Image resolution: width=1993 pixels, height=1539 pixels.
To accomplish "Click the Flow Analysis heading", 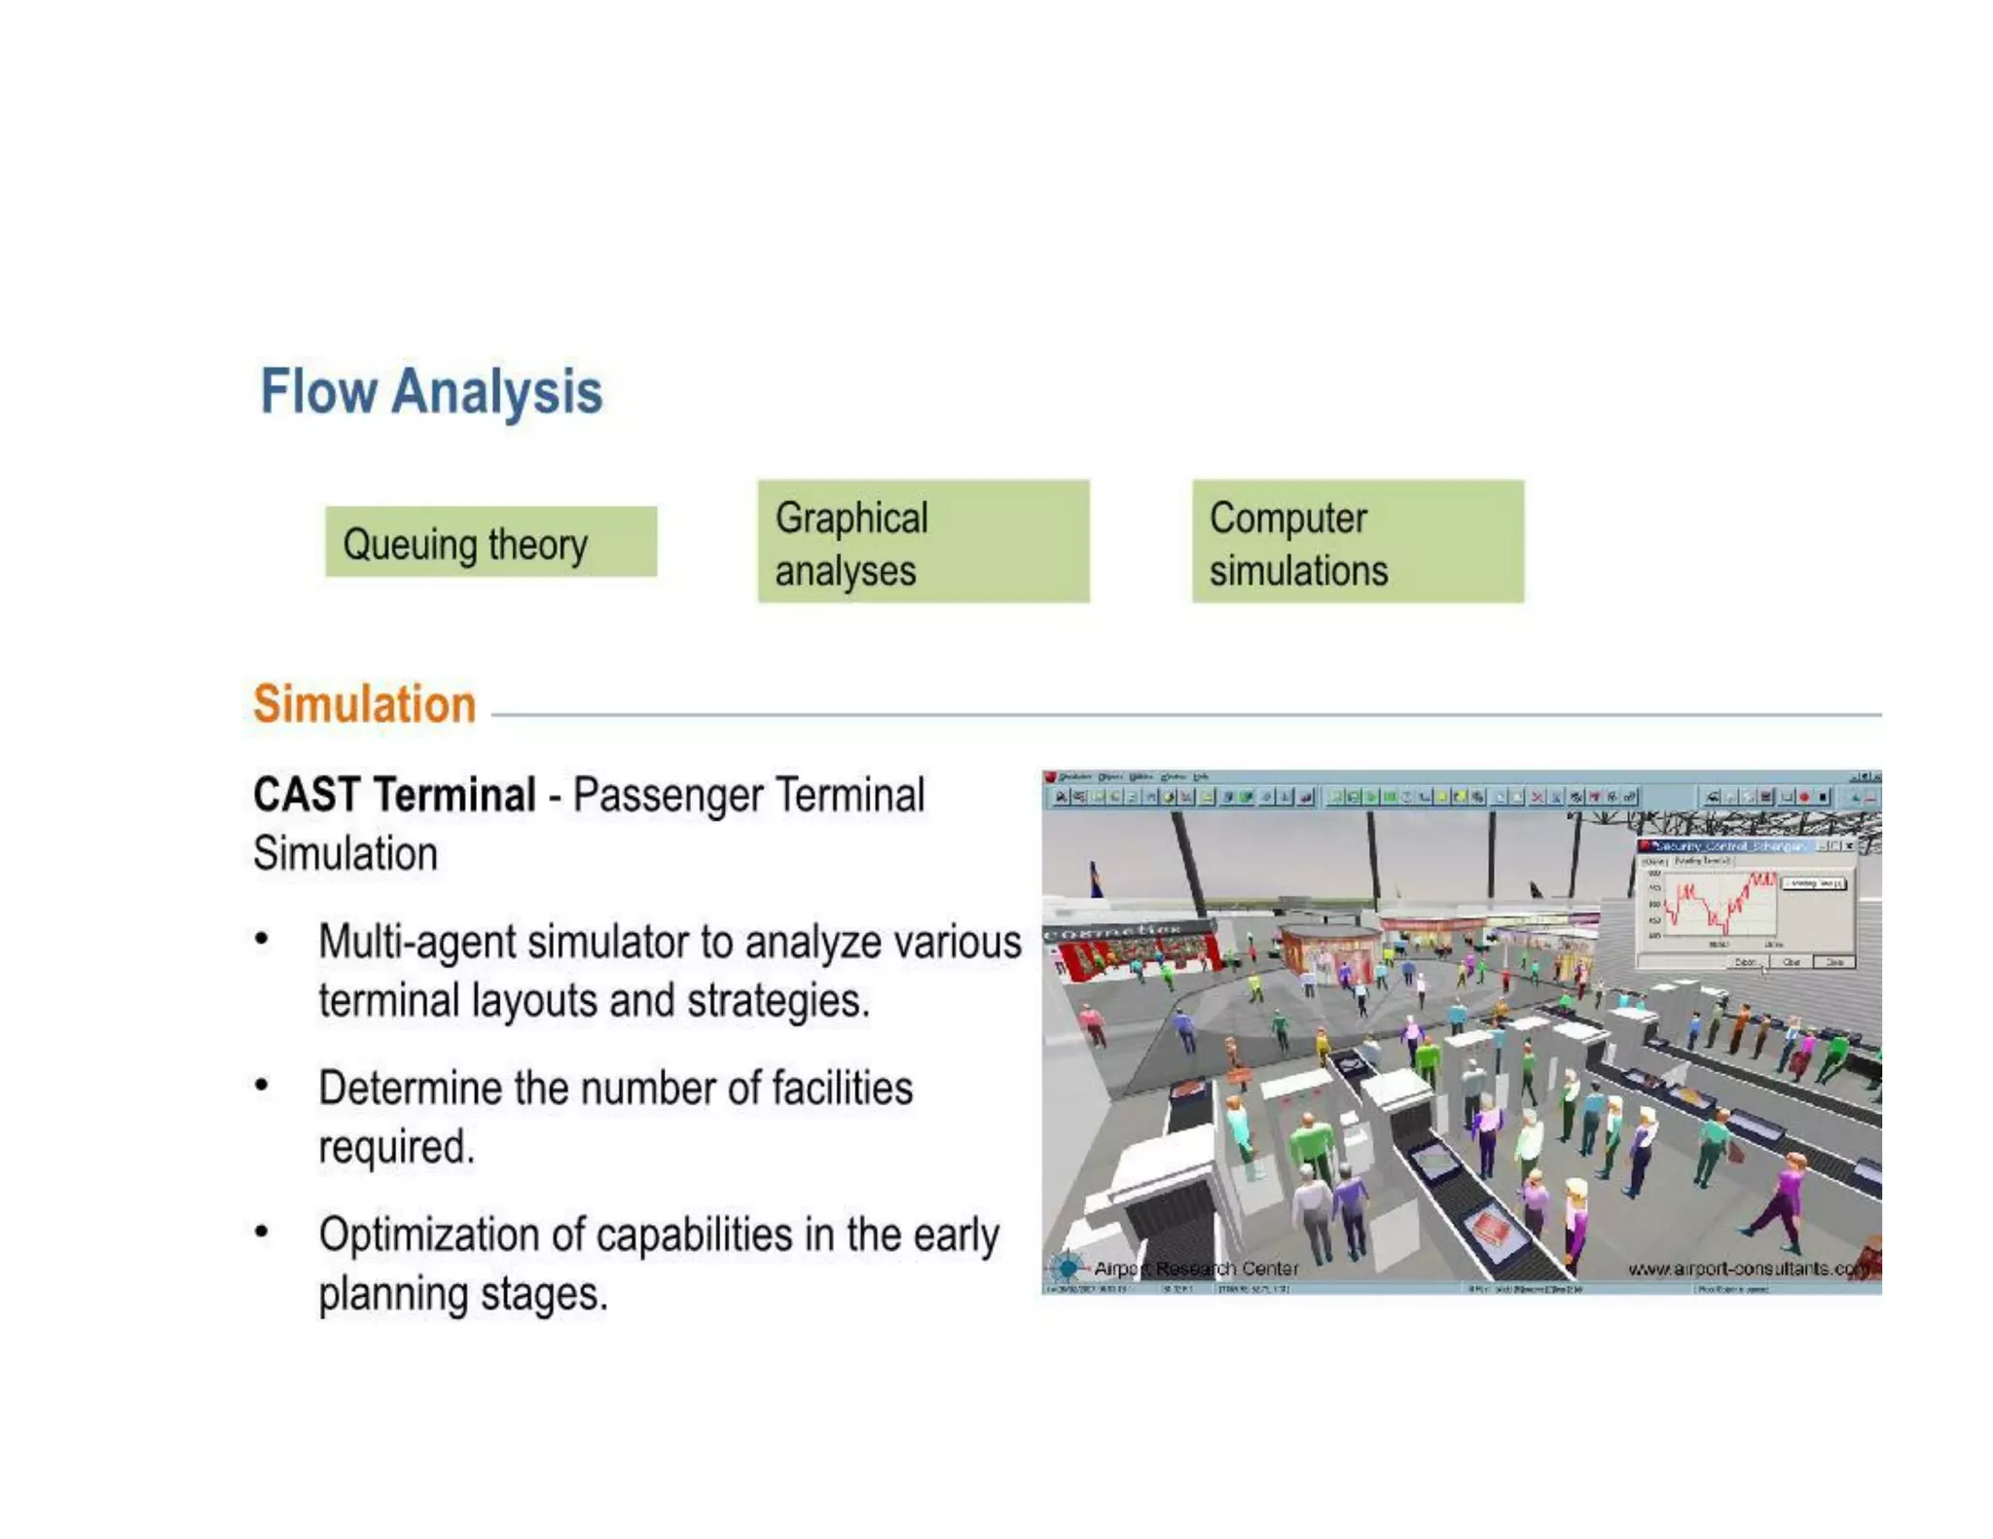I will click(x=431, y=392).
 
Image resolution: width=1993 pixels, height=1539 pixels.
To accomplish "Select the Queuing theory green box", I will click(x=490, y=542).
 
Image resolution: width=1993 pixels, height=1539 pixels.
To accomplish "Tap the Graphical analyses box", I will click(x=923, y=542).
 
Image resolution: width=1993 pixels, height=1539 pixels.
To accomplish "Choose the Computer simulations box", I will click(x=1357, y=542).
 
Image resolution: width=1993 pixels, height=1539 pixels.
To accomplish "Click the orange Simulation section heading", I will click(x=364, y=704).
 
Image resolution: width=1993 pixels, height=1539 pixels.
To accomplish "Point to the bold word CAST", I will click(x=307, y=795).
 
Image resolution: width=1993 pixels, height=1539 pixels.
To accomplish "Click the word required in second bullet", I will click(x=395, y=1147).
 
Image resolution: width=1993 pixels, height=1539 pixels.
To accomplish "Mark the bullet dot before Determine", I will click(x=261, y=1086).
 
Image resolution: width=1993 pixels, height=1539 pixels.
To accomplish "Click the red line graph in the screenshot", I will click(x=1717, y=905).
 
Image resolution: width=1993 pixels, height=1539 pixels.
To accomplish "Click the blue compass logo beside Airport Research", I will click(x=1068, y=1268).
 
